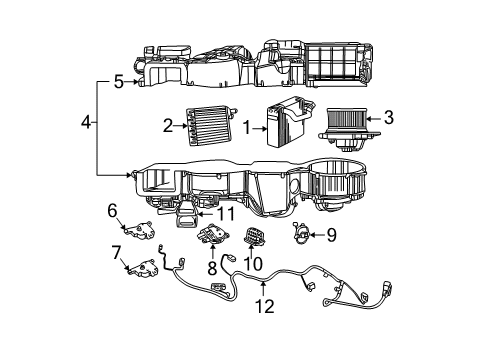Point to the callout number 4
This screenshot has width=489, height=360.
pos(87,123)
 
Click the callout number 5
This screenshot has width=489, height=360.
pos(118,82)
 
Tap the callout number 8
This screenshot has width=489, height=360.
pos(211,269)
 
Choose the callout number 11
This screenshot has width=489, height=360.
pos(227,213)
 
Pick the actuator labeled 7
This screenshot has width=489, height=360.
pos(144,268)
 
